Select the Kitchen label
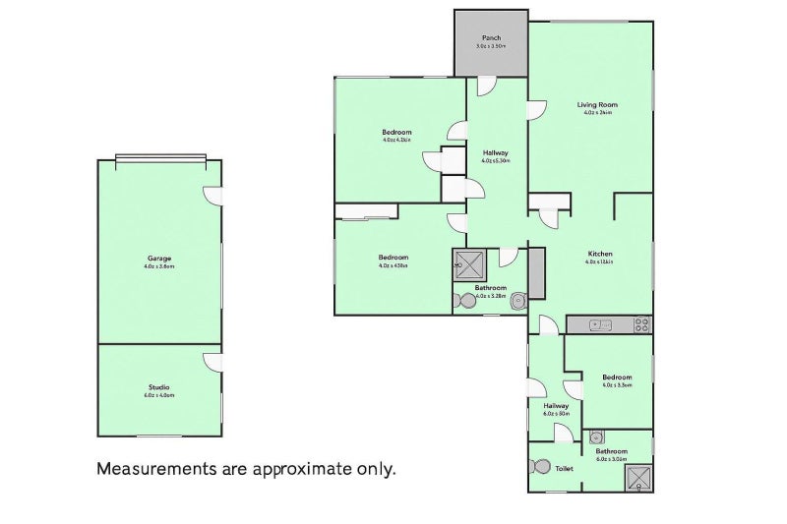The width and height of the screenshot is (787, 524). (599, 254)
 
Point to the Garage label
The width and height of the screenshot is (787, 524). (159, 259)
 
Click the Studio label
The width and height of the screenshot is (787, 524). (159, 387)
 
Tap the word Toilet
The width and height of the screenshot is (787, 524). (564, 469)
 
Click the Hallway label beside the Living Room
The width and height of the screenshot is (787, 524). (495, 152)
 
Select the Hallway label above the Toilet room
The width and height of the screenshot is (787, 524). (557, 405)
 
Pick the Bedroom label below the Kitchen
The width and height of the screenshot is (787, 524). (618, 377)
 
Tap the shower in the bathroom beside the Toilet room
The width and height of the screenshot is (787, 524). (640, 477)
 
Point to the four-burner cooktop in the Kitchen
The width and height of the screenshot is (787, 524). (641, 322)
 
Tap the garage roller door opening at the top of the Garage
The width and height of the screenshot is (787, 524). (160, 158)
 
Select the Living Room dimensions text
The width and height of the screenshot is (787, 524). (597, 113)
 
